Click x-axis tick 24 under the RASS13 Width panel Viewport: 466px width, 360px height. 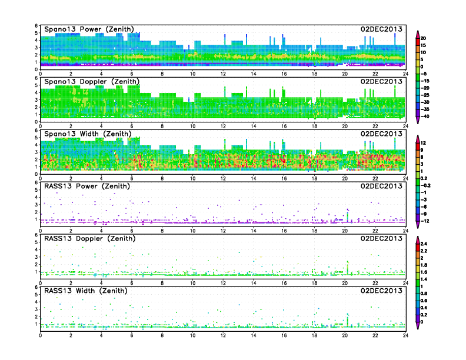pos(405,335)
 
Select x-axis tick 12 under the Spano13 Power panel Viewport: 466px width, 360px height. pos(223,74)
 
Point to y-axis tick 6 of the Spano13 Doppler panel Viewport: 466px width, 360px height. pos(36,79)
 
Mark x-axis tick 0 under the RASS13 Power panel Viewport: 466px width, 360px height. pos(40,230)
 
